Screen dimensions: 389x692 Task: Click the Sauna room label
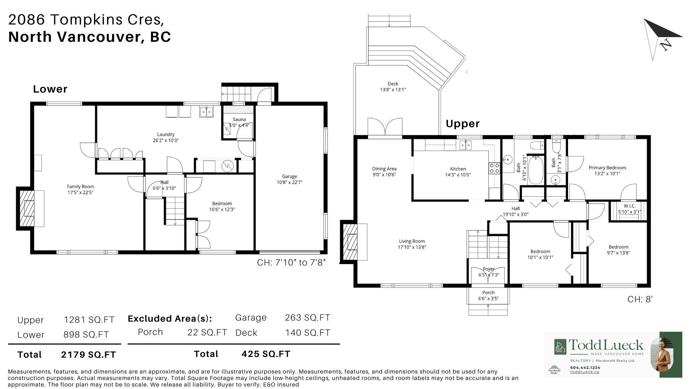point(239,120)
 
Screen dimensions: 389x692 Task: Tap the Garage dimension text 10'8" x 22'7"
point(289,182)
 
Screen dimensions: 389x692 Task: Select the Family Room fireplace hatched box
point(26,209)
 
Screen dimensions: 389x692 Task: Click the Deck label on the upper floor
point(393,84)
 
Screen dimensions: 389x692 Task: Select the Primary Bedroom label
point(607,167)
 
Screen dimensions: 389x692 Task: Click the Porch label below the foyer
point(488,292)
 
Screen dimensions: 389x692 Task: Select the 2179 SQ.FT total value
point(88,355)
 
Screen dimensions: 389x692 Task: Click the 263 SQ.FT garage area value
point(307,318)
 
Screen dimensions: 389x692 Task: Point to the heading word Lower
point(50,89)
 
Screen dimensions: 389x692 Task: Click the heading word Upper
point(462,124)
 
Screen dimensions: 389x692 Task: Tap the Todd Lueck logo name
point(606,345)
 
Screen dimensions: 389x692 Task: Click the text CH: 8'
point(640,299)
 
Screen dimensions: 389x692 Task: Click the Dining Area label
point(384,169)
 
